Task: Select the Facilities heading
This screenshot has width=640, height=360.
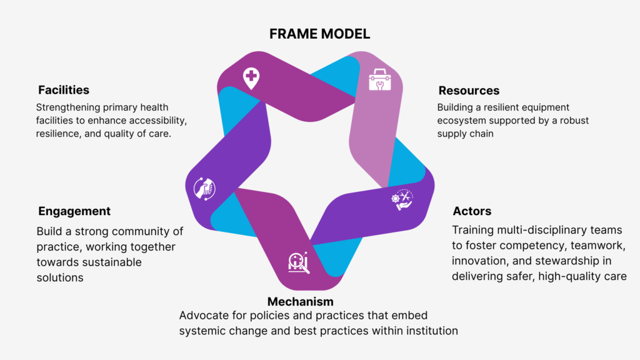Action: (x=64, y=90)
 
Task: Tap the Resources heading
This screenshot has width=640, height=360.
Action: (x=469, y=91)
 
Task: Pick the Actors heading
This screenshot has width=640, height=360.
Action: (x=472, y=211)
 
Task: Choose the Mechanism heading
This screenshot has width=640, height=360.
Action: (x=301, y=302)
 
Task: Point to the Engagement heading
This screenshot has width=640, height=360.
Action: (x=74, y=211)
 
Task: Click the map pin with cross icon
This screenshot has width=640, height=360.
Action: (x=251, y=78)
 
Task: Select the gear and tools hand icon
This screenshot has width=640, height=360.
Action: (x=402, y=200)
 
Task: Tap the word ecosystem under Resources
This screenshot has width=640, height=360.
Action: (x=465, y=121)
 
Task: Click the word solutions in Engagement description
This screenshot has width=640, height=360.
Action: (x=59, y=277)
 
